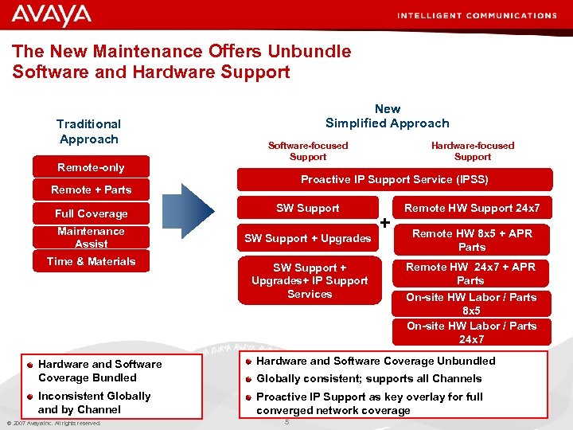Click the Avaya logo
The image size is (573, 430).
pos(52,15)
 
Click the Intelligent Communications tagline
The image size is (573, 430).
pos(488,15)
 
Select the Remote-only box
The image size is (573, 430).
pos(91,167)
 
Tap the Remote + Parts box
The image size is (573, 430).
pos(91,190)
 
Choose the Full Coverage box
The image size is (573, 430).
pos(91,213)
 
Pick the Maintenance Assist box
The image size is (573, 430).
pos(91,237)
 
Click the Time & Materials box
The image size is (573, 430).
pos(91,261)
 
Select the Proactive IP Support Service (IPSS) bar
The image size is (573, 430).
pos(394,179)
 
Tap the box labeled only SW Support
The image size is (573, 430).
pos(307,209)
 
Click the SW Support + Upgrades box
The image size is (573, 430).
pos(307,238)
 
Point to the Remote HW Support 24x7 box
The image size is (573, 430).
pos(472,209)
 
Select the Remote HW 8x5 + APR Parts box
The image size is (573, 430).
pos(472,240)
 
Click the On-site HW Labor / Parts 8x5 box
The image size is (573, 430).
pos(472,303)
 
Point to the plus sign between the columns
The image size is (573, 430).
pos(385,224)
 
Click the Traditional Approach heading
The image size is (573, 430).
pos(88,131)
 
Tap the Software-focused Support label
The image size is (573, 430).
pos(308,150)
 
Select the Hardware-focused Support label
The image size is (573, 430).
pos(473,150)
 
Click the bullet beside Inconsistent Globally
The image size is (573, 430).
pos(29,397)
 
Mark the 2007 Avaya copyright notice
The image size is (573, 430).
pos(54,423)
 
